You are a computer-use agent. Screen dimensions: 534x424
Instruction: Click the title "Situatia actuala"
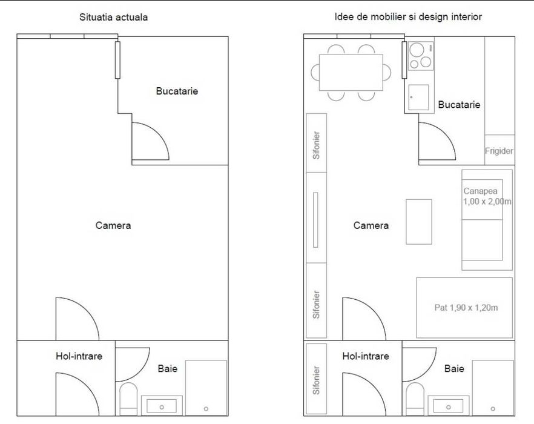(113, 17)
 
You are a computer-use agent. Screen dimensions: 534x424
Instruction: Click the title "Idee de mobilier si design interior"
(408, 17)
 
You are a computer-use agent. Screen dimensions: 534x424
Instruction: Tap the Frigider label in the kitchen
(499, 151)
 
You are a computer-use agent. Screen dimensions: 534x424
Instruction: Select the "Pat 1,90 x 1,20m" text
(466, 308)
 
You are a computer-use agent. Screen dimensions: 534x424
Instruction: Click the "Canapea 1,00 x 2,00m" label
(487, 196)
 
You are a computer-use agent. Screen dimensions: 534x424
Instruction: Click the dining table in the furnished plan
(351, 73)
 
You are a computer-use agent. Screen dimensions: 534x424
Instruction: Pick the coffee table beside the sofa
(419, 222)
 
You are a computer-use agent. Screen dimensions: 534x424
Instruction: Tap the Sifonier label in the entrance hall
(317, 380)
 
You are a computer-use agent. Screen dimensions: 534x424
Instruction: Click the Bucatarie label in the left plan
(177, 91)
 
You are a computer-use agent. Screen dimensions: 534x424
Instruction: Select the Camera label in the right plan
(371, 225)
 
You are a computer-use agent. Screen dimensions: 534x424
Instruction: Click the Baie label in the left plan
(168, 368)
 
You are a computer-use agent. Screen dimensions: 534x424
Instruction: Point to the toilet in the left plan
(128, 399)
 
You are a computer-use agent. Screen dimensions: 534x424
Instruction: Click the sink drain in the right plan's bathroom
(449, 407)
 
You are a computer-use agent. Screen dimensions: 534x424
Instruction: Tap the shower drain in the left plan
(206, 409)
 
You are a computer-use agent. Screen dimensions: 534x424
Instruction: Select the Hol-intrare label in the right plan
(366, 356)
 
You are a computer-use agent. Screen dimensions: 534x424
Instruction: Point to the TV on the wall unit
(315, 220)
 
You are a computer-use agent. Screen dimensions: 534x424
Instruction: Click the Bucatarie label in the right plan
(459, 104)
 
